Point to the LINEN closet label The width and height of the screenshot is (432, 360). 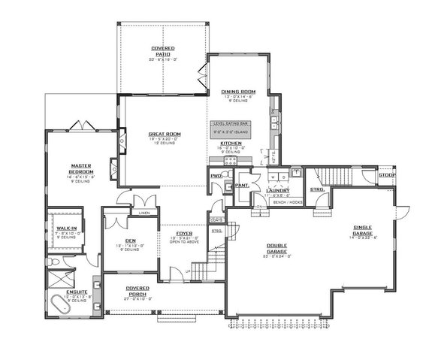[x=144, y=213]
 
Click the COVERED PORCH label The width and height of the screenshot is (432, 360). [x=137, y=290]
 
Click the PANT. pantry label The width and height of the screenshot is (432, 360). [x=242, y=184]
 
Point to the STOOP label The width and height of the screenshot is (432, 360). [x=387, y=175]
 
